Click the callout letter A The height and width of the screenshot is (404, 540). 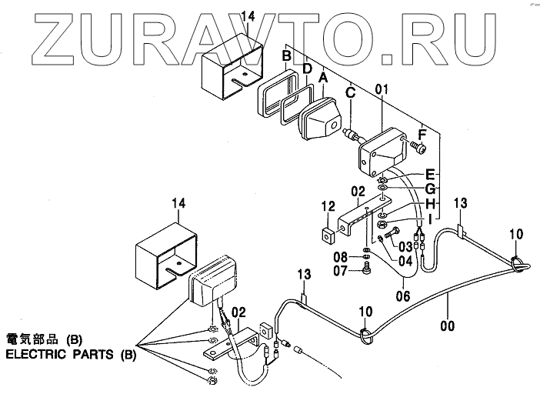[324, 77]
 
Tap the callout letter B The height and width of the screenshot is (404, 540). [286, 55]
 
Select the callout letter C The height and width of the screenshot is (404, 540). [350, 93]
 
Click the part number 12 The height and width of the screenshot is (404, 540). [328, 206]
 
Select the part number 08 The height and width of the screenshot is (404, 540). [342, 256]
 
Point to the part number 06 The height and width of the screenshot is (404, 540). [402, 293]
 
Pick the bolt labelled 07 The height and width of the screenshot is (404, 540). [368, 269]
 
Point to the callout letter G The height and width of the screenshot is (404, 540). [431, 188]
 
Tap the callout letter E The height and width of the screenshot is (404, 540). [431, 173]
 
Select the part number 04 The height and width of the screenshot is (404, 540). [405, 261]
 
